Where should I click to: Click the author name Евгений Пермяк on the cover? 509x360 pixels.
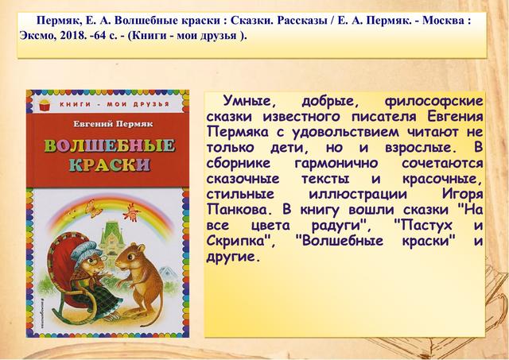(113, 124)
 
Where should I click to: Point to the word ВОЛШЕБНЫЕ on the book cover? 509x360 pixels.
(110, 145)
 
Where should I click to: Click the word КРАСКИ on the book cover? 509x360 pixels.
(110, 165)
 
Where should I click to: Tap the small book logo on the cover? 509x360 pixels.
(45, 104)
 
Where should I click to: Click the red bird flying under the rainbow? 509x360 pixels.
(131, 213)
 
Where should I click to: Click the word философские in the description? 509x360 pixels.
(433, 101)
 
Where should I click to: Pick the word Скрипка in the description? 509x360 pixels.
(241, 242)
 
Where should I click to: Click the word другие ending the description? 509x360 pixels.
(233, 257)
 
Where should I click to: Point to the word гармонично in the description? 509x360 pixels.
(336, 163)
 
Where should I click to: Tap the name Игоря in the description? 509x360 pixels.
(462, 195)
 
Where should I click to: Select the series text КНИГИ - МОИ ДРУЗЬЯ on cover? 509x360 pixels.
(115, 104)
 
